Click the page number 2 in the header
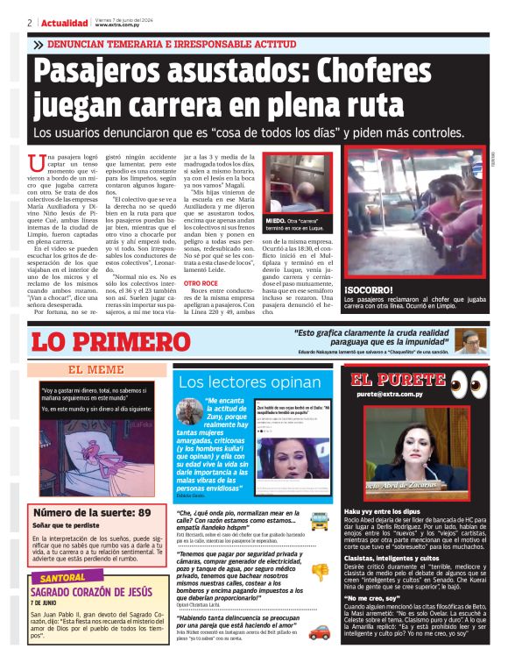[x=30, y=23]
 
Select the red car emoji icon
[x=319, y=629]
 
